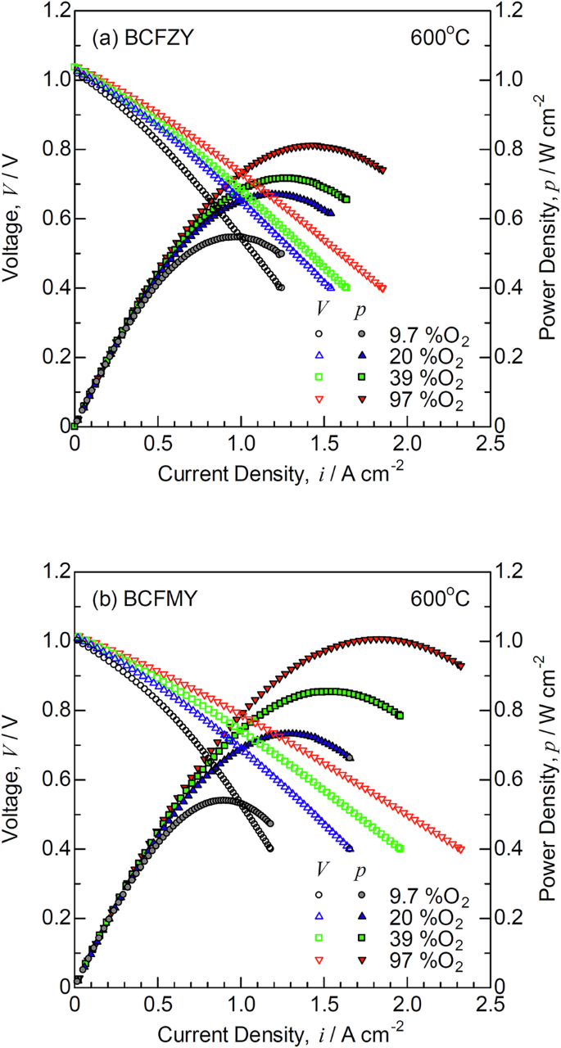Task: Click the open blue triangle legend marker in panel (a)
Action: (x=320, y=356)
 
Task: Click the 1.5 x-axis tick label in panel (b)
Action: (x=323, y=1003)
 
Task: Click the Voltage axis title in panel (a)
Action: (x=15, y=221)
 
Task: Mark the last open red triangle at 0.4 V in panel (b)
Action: (x=460, y=849)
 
